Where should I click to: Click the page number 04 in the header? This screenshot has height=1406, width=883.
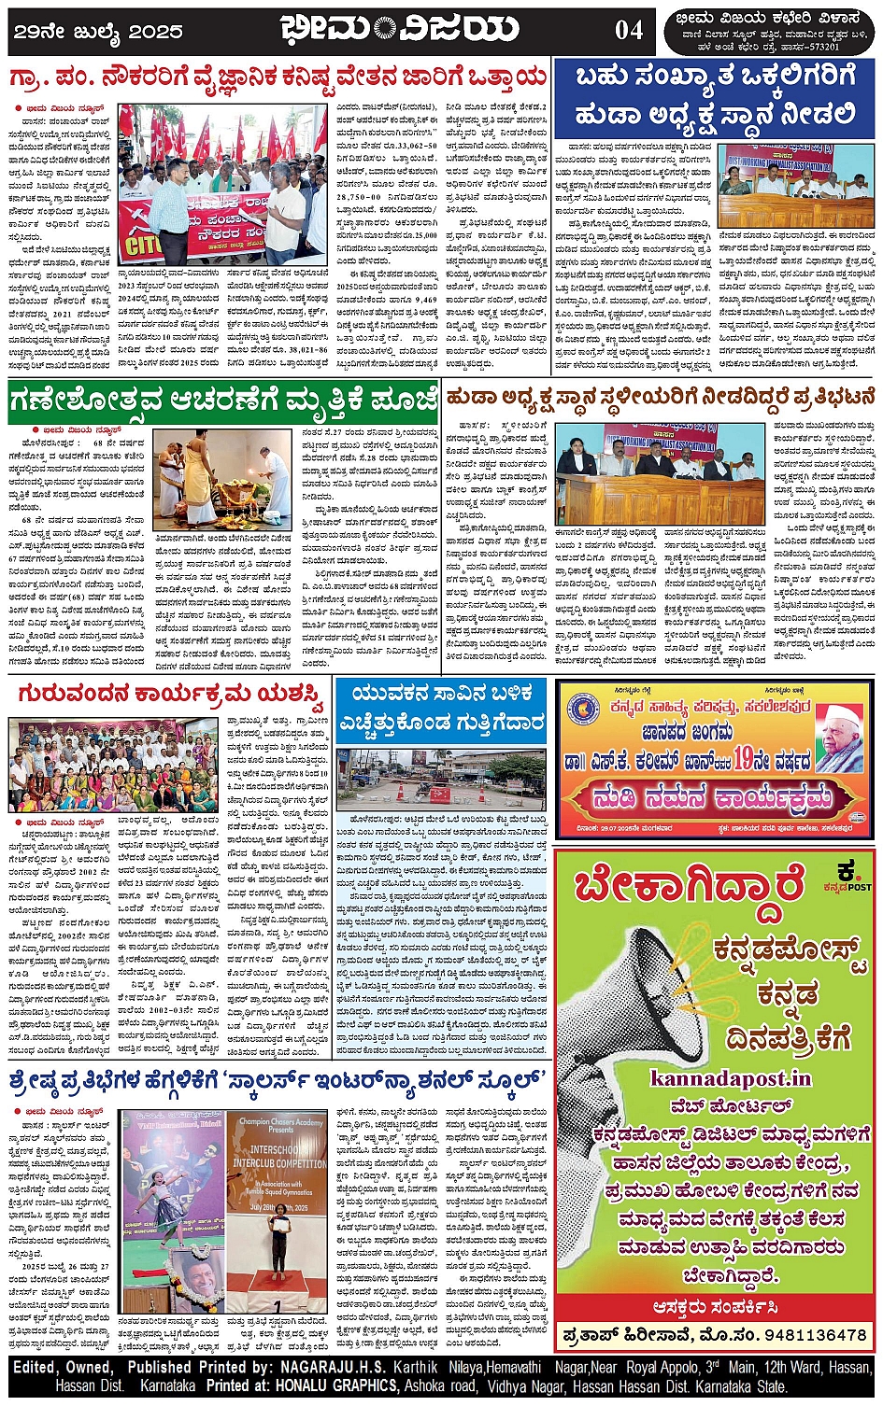tap(628, 30)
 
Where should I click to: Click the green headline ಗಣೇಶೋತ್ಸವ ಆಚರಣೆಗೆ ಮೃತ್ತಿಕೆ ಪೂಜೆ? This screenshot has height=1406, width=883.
tap(222, 401)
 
